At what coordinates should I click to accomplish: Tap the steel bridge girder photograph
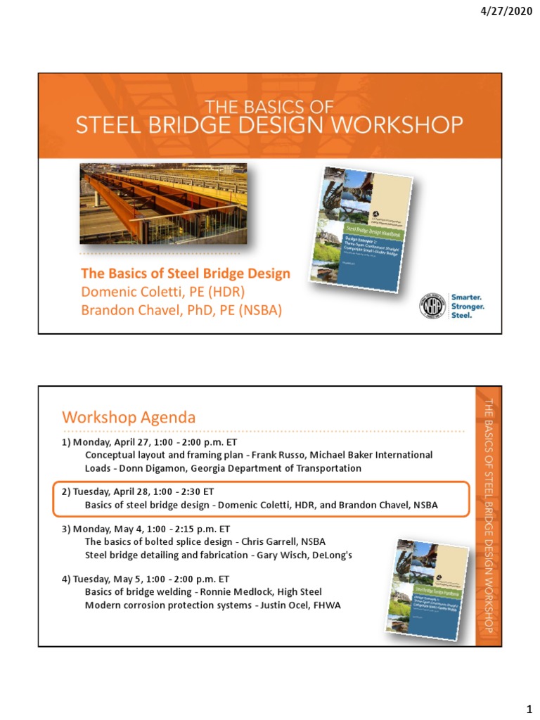[163, 203]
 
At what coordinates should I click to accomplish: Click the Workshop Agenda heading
[129, 418]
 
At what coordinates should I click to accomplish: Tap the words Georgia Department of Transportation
[276, 468]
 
